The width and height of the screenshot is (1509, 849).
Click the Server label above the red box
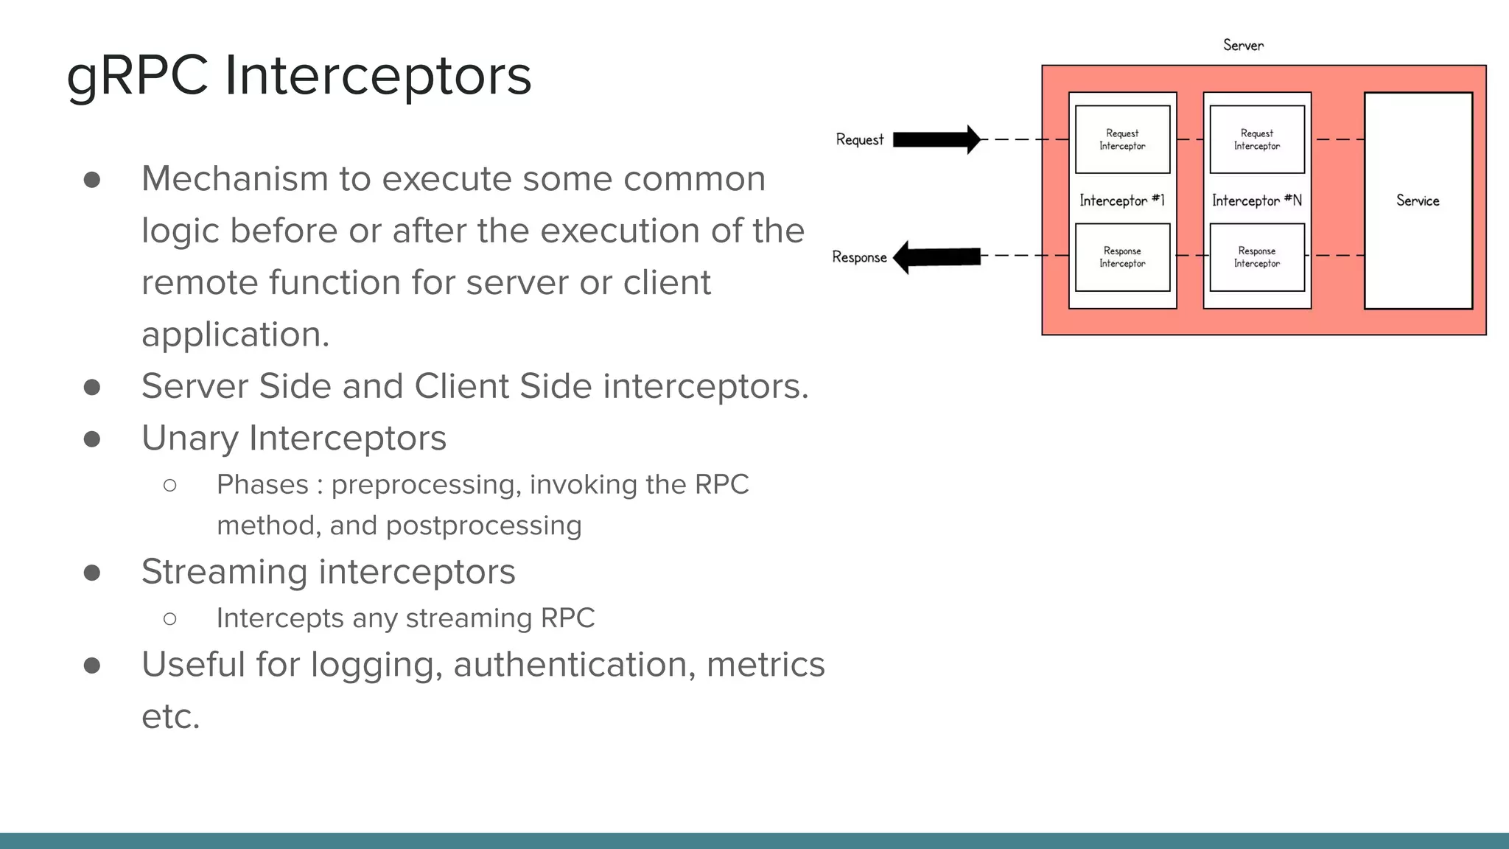pyautogui.click(x=1243, y=46)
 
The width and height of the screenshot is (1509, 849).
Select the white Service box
pyautogui.click(x=1418, y=200)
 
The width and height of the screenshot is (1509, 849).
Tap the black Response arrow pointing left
pyautogui.click(x=936, y=256)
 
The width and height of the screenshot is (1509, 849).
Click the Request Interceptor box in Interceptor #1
pyautogui.click(x=1122, y=139)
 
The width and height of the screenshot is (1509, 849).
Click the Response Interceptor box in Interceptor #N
pyautogui.click(x=1256, y=257)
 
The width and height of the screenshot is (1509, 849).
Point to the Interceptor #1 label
pyautogui.click(x=1121, y=200)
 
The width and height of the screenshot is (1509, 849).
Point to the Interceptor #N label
pyautogui.click(x=1256, y=200)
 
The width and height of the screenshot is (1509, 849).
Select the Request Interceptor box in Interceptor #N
pyautogui.click(x=1256, y=139)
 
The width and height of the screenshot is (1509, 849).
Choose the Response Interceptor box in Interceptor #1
pyautogui.click(x=1122, y=257)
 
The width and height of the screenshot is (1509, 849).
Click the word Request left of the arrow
pyautogui.click(x=859, y=140)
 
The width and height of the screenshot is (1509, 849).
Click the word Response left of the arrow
pyautogui.click(x=859, y=257)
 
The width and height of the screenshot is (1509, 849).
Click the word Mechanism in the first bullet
pyautogui.click(x=234, y=179)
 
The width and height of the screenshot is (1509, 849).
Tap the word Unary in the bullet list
pyautogui.click(x=189, y=439)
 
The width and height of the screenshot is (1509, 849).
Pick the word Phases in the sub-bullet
pyautogui.click(x=262, y=485)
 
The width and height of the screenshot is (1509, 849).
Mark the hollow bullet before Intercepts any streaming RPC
pyautogui.click(x=170, y=618)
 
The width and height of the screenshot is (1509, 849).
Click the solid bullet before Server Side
pyautogui.click(x=92, y=387)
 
